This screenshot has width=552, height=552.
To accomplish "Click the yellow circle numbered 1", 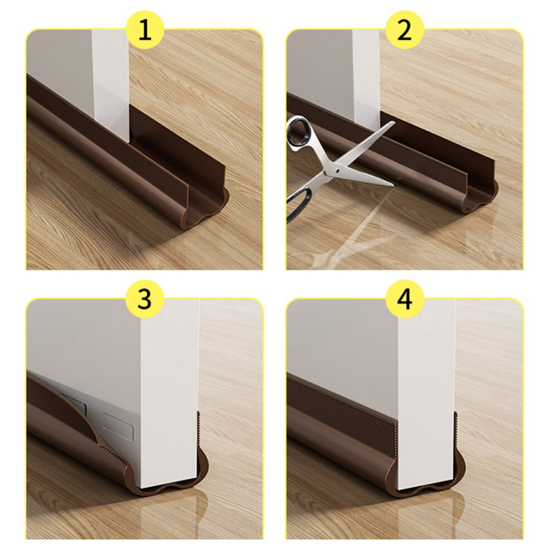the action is click(145, 31).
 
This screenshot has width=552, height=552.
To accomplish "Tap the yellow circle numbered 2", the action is click(404, 31).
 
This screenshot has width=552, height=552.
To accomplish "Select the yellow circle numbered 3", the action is click(145, 299).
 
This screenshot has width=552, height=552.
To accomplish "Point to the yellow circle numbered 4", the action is click(404, 299).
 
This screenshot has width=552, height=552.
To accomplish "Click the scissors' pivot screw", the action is click(337, 171).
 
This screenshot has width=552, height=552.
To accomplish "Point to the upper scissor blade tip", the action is click(394, 123).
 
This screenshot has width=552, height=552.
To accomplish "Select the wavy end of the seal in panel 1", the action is click(209, 211).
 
